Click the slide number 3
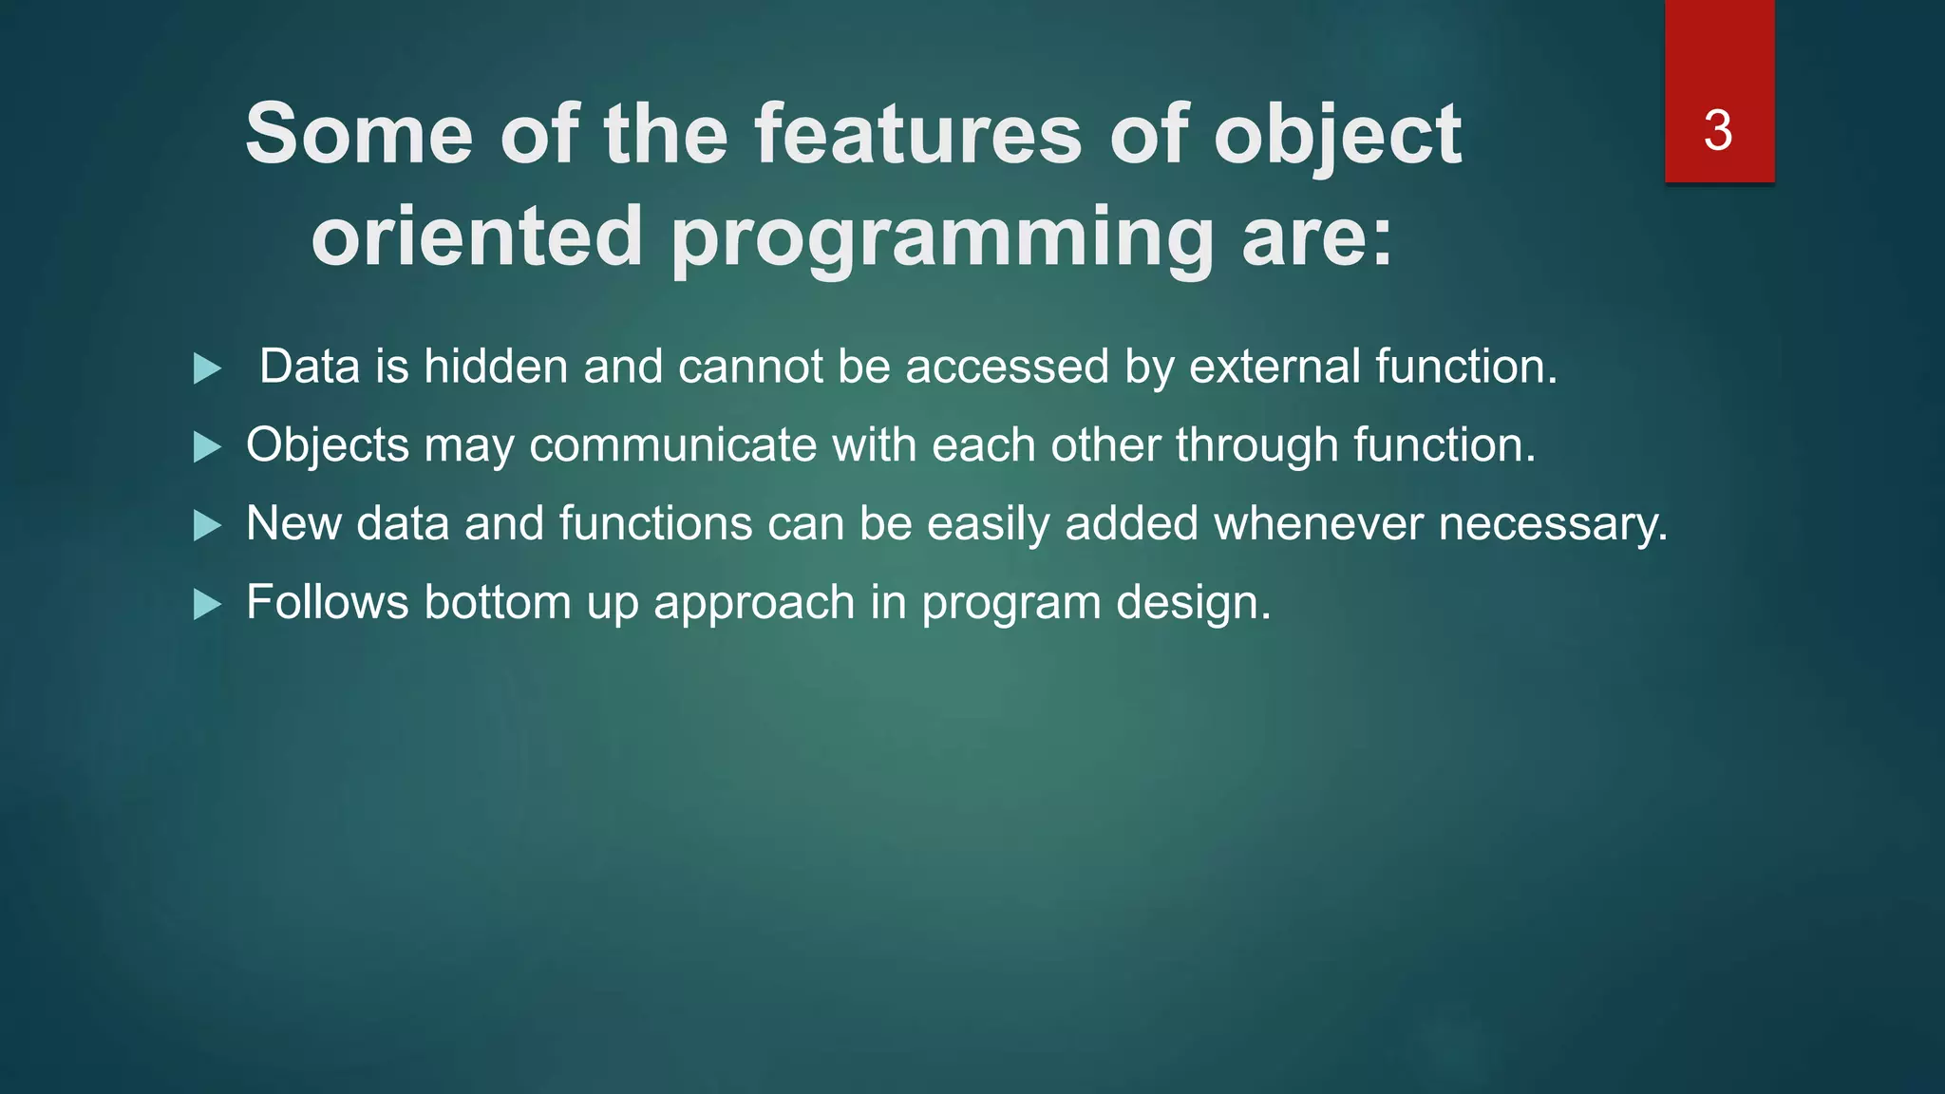[x=1718, y=131]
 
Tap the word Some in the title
[x=359, y=135]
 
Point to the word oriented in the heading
[x=478, y=236]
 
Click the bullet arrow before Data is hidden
[x=207, y=368]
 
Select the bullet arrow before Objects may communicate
[x=207, y=447]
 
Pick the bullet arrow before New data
[x=207, y=526]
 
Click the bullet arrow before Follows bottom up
[x=207, y=605]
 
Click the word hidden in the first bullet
[x=496, y=367]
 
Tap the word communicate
[x=672, y=445]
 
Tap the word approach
[x=754, y=603]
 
